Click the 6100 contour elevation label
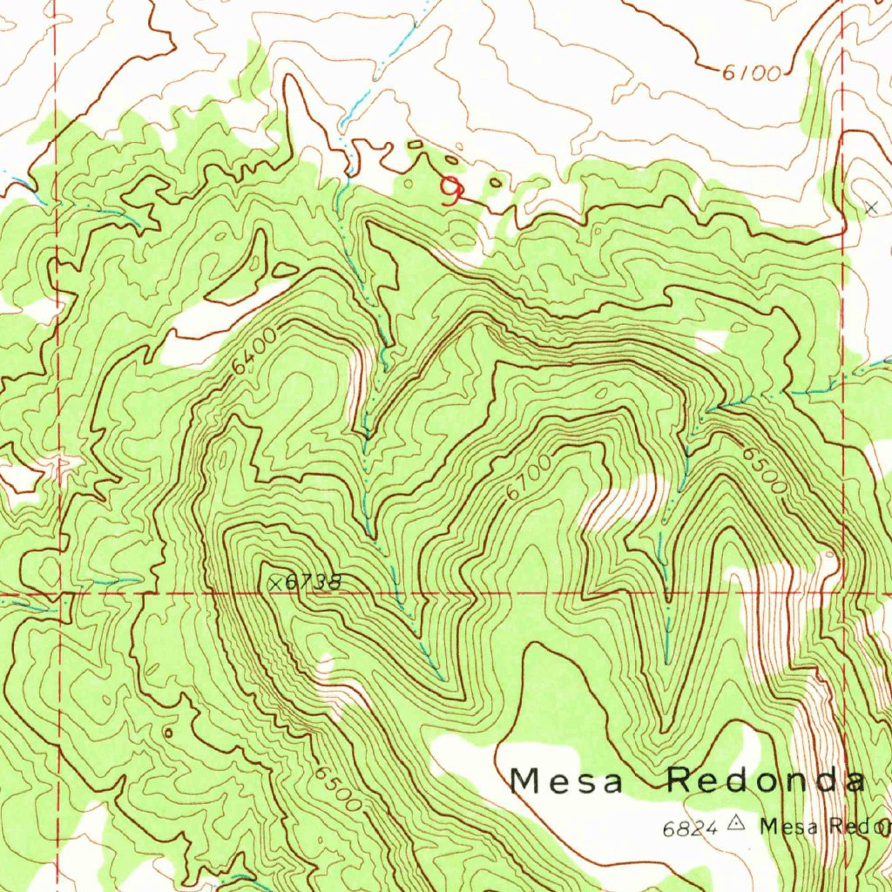click(x=751, y=74)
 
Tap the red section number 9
click(x=451, y=190)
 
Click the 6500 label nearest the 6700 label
click(x=764, y=471)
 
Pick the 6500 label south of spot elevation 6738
click(x=339, y=788)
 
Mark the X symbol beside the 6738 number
click(x=275, y=583)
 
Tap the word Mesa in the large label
click(x=567, y=780)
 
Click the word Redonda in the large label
click(x=767, y=780)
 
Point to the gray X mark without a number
click(x=871, y=206)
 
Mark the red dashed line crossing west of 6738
click(x=57, y=596)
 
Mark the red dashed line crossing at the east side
click(x=844, y=596)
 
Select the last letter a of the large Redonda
click(x=856, y=781)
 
